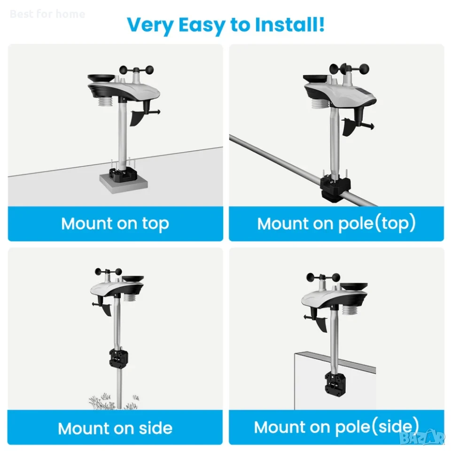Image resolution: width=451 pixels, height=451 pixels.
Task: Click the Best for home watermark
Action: click(x=47, y=14)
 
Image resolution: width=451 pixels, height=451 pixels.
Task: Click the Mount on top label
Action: click(x=115, y=224)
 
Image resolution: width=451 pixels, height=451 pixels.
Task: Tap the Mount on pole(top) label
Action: click(x=336, y=223)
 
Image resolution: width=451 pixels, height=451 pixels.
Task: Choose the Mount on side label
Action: click(x=115, y=428)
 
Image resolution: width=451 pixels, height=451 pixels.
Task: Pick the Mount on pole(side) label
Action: click(x=336, y=427)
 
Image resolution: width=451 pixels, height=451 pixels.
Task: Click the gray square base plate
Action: click(x=124, y=183)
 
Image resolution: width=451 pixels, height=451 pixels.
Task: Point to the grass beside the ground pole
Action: click(x=114, y=401)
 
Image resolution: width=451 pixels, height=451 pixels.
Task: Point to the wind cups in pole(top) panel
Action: click(x=350, y=69)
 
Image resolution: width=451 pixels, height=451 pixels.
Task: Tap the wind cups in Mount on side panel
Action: click(x=109, y=272)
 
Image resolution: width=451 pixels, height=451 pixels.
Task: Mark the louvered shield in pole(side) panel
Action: click(x=350, y=311)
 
